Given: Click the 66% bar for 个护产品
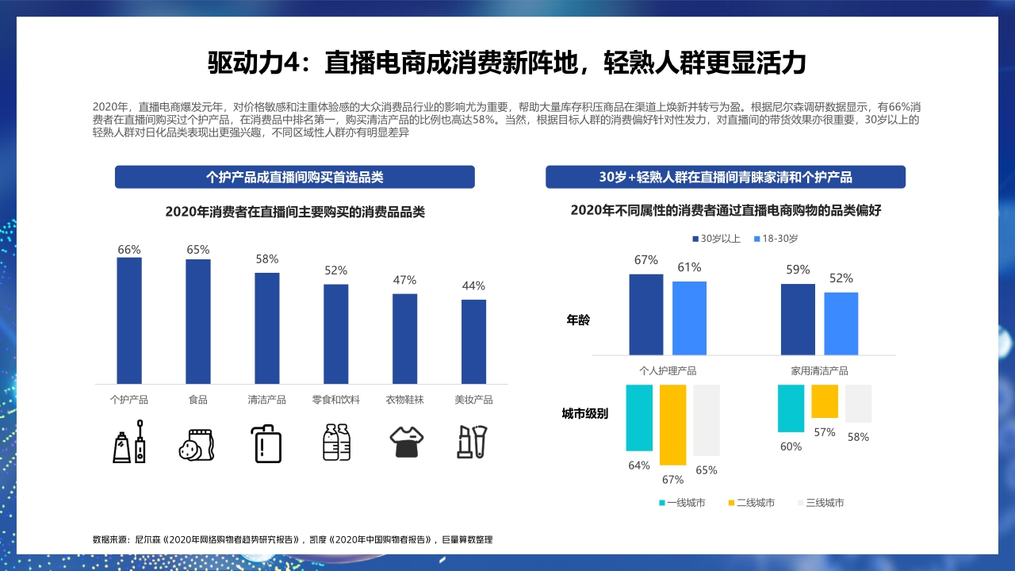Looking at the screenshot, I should pos(129,320).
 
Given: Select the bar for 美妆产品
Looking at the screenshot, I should pos(473,341).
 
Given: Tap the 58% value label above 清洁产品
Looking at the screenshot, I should pos(267,259).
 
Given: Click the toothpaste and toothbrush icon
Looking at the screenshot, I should pos(129,442).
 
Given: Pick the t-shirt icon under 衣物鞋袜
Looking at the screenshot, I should pos(404,442).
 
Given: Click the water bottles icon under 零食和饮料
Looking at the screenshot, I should pos(336,442).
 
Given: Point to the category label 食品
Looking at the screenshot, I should pos(198,400).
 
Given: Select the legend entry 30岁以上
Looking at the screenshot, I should pos(717,239).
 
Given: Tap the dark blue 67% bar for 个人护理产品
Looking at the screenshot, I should pos(646,314).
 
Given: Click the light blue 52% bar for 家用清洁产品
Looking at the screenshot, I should pos(841,324).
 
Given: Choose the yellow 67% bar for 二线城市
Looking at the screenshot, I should pos(672,424).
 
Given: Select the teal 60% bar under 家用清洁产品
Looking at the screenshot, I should pos(791,408).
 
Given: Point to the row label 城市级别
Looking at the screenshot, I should pos(584,413).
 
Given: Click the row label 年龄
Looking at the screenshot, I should pos(578,320).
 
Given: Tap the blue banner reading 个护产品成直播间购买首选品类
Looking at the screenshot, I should pos(294,177).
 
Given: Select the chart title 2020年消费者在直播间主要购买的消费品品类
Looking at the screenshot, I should pos(295,212).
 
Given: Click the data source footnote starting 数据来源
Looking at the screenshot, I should pos(293,539).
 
